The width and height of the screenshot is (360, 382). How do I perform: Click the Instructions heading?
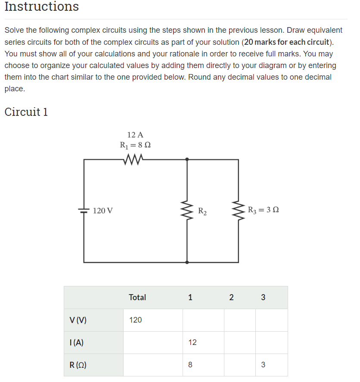[x=42, y=7]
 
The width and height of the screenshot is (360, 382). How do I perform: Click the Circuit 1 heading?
[x=26, y=112]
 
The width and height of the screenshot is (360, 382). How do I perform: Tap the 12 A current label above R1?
[x=135, y=135]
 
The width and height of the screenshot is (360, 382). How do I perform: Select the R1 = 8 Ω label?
[x=135, y=145]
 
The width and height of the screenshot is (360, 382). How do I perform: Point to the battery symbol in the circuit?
[x=84, y=211]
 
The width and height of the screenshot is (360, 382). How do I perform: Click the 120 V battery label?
[x=103, y=211]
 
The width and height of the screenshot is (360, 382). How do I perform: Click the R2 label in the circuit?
[x=202, y=211]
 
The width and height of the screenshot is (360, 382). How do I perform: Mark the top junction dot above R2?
[x=187, y=159]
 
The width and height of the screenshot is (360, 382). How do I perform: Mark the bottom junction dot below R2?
[x=187, y=262]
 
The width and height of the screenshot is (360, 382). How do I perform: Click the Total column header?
[x=137, y=297]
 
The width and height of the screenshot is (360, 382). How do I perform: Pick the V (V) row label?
[x=78, y=320]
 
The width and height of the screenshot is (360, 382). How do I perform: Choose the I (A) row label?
[x=77, y=343]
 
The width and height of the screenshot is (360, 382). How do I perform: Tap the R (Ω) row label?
[x=78, y=365]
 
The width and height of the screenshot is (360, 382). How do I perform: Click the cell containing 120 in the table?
[x=136, y=320]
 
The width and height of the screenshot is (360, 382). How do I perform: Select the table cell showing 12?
[x=192, y=342]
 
